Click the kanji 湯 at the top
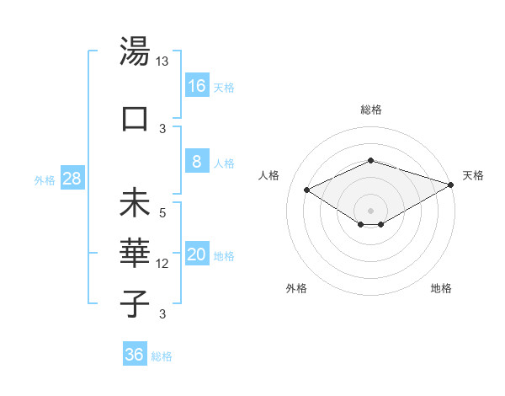coord(135,52)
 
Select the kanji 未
coord(135,205)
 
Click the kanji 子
coord(135,302)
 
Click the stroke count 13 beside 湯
coord(162,62)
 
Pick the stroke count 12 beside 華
coord(162,264)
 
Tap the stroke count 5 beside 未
coord(163,214)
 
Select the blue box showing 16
coord(196,85)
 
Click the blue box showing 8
coord(196,162)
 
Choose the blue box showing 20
coord(196,255)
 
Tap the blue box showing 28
coord(72,179)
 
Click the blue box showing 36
coord(135,355)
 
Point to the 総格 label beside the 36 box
coord(162,356)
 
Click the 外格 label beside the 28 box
coord(44,180)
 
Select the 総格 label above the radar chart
coord(370,110)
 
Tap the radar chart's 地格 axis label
coord(441,288)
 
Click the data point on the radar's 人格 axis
coord(306,190)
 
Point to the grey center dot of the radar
coord(370,210)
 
